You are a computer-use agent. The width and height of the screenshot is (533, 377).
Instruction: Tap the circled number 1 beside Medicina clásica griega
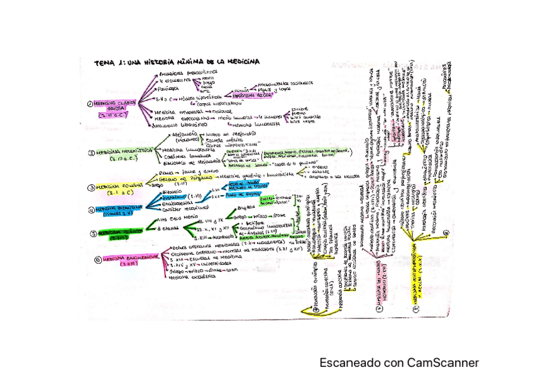tap(91, 105)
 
